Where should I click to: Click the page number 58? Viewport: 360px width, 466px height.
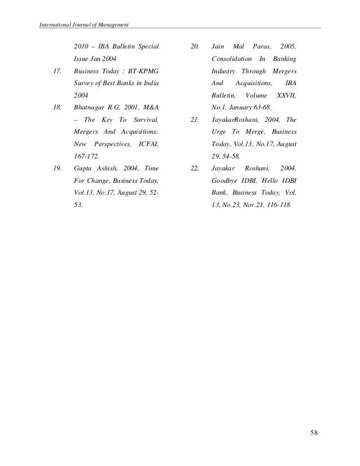(314, 433)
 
